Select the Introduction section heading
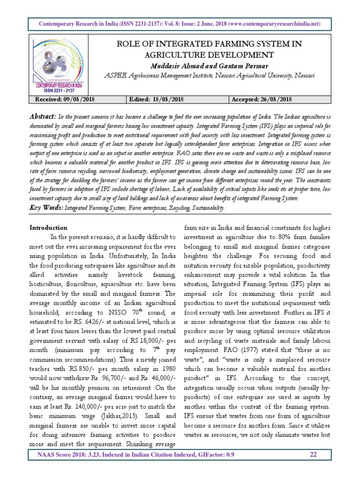tap(48, 227)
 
